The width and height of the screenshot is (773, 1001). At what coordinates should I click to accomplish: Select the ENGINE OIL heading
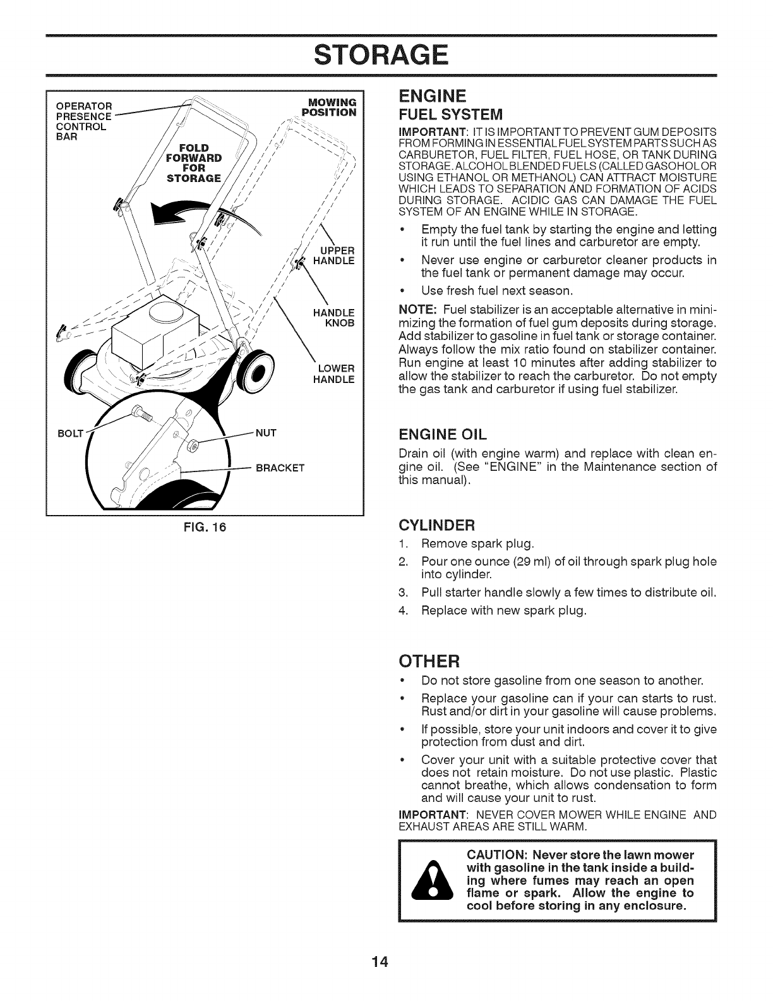coord(441,434)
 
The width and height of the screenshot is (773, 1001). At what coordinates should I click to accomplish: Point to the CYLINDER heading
coord(436,525)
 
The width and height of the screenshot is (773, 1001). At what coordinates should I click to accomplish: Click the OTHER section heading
coord(428,661)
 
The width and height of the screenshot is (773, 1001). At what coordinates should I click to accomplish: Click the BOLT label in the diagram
coord(66,434)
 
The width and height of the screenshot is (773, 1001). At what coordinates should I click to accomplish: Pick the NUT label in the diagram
coord(263,434)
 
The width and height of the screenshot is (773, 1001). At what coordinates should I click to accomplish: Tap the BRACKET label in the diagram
coord(280,468)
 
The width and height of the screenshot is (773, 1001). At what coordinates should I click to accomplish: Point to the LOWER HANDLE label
coord(334,374)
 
